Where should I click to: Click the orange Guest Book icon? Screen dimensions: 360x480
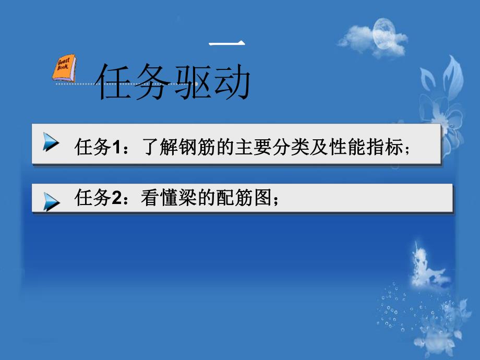[x=65, y=68]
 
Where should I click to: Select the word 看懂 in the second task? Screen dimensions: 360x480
[x=158, y=199]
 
